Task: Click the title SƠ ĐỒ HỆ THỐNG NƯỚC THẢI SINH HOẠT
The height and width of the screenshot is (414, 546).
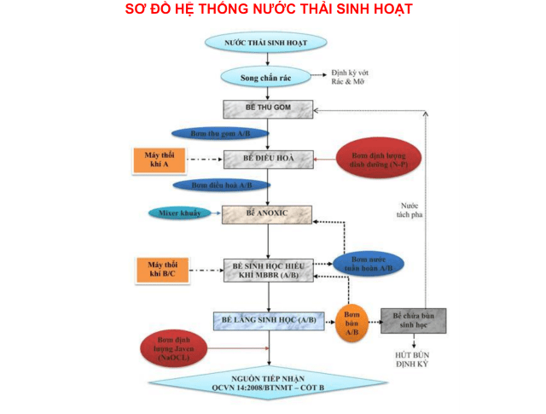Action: [269, 9]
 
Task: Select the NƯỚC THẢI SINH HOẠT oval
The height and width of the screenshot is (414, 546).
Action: [266, 42]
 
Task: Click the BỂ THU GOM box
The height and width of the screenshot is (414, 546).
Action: [268, 109]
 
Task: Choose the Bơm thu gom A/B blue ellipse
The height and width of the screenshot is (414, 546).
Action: [220, 134]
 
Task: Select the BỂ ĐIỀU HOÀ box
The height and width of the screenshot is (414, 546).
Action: [268, 159]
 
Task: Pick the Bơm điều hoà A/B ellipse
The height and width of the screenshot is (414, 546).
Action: [221, 184]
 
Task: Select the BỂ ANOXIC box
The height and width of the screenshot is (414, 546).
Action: [267, 213]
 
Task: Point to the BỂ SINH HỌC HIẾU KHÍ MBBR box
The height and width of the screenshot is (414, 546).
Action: [268, 270]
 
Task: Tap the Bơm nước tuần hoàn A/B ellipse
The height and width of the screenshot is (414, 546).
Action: [368, 264]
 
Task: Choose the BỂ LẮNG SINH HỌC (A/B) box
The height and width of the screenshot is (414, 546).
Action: [268, 320]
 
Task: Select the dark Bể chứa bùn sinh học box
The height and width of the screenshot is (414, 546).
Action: [413, 321]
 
